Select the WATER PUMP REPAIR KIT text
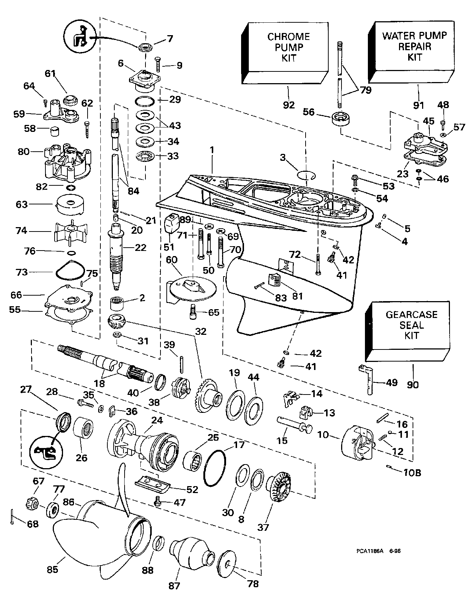click(x=415, y=46)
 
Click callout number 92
click(x=289, y=105)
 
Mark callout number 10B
click(x=413, y=473)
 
